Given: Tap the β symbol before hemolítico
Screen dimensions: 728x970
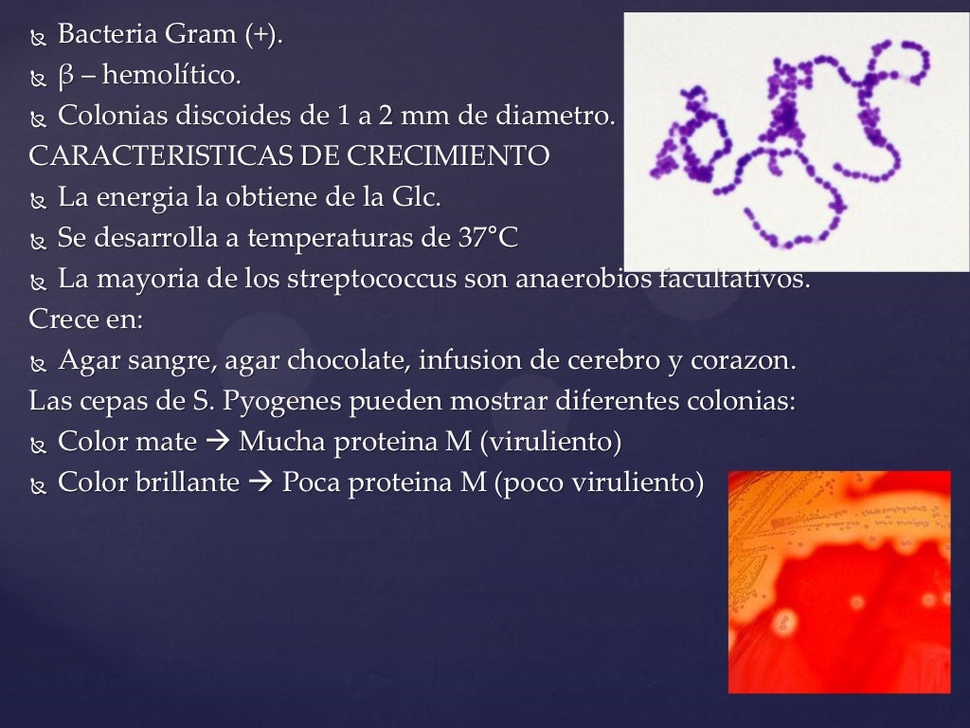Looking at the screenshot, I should click(x=66, y=75).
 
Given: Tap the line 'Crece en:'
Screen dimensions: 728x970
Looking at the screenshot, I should click(x=85, y=319).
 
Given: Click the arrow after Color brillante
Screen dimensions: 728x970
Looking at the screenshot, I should click(x=260, y=483).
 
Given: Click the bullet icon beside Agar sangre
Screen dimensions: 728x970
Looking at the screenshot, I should click(x=38, y=363).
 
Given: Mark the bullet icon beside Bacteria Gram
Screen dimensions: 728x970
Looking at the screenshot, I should click(x=38, y=37).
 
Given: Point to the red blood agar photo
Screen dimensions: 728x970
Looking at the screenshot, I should click(x=839, y=582).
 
